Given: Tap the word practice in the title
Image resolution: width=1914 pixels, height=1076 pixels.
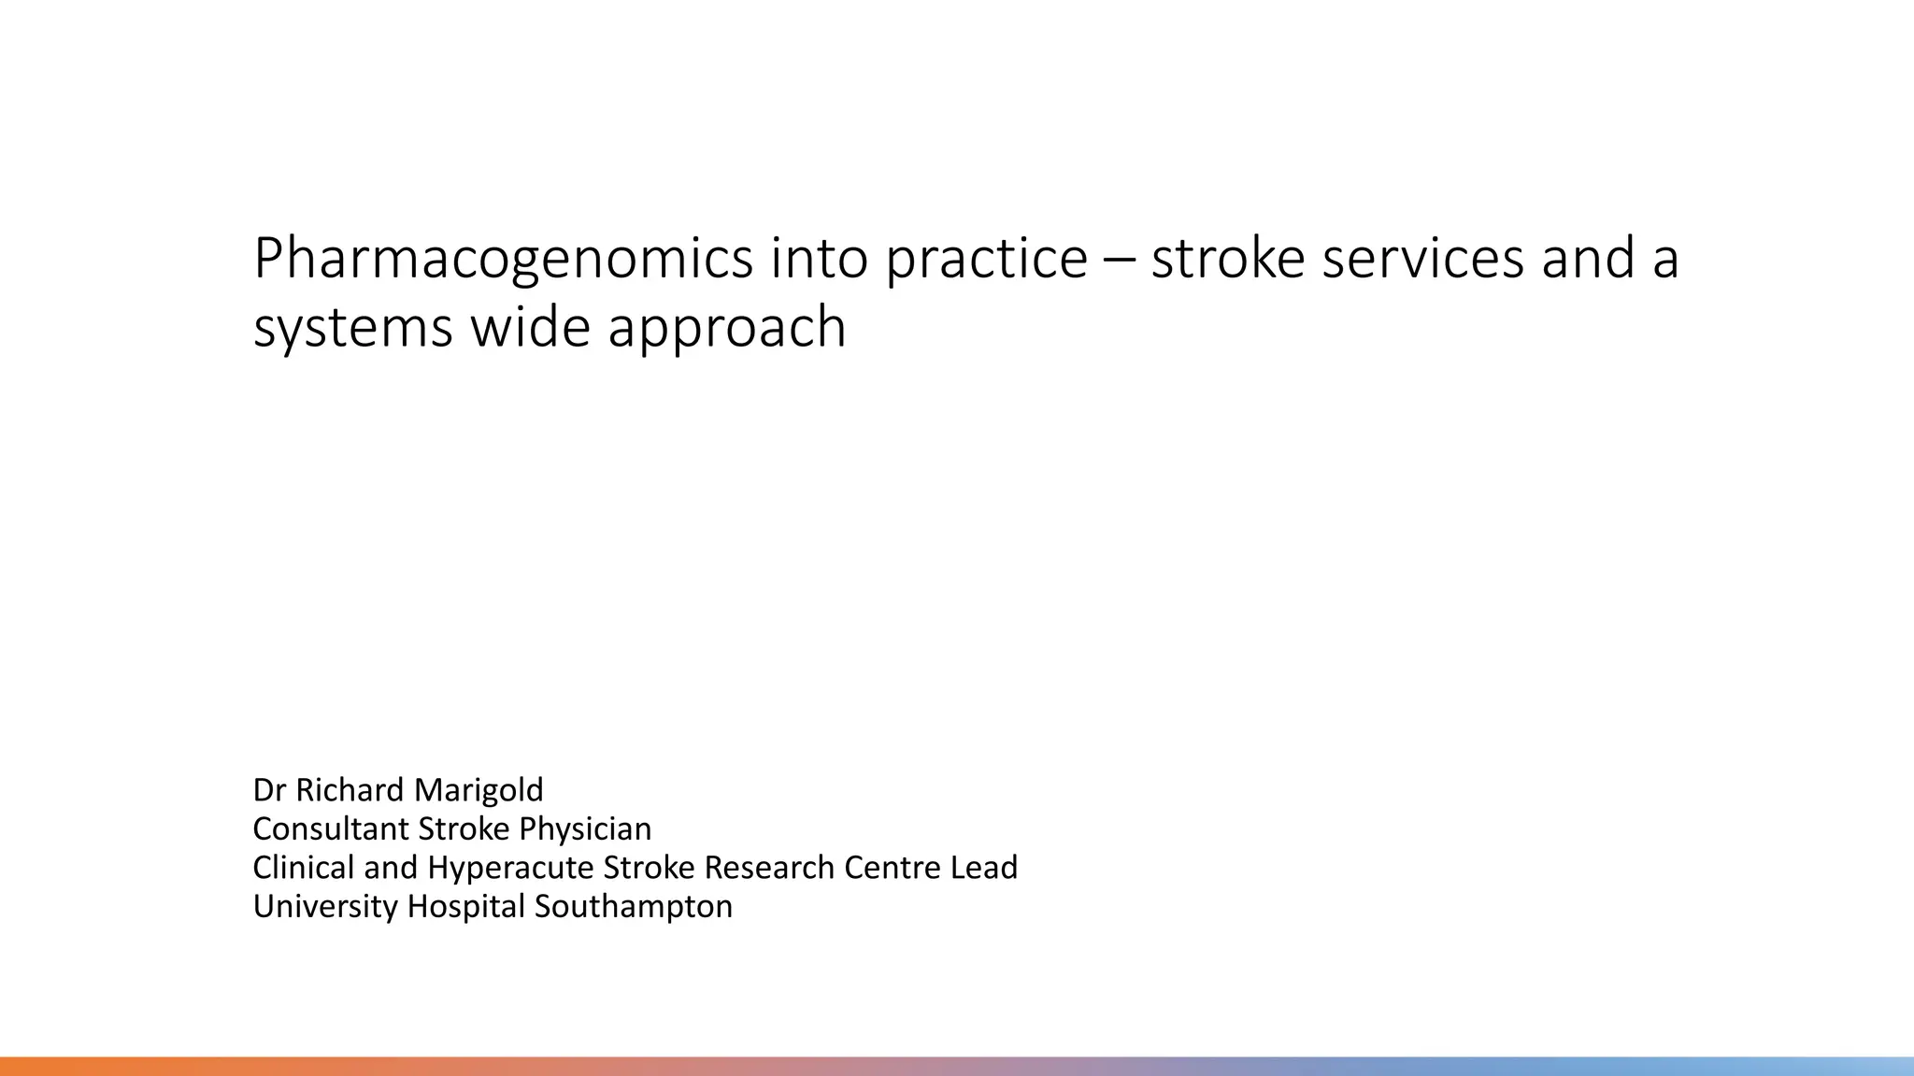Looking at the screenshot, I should (x=986, y=259).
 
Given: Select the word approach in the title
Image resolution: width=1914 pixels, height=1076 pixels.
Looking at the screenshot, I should (x=727, y=329).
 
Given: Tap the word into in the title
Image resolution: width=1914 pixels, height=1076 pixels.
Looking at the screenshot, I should (x=819, y=259).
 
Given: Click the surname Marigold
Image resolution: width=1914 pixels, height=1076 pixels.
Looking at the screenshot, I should (x=478, y=791).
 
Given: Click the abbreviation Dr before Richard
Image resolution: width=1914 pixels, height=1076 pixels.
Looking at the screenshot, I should (x=268, y=790).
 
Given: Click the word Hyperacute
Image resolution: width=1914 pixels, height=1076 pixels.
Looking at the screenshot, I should (x=511, y=868).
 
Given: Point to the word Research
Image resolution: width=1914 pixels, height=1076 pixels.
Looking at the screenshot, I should (x=769, y=868).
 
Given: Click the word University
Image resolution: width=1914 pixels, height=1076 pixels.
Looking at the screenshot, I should (x=325, y=906).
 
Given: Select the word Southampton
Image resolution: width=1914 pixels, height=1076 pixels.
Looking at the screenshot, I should (x=634, y=907).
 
